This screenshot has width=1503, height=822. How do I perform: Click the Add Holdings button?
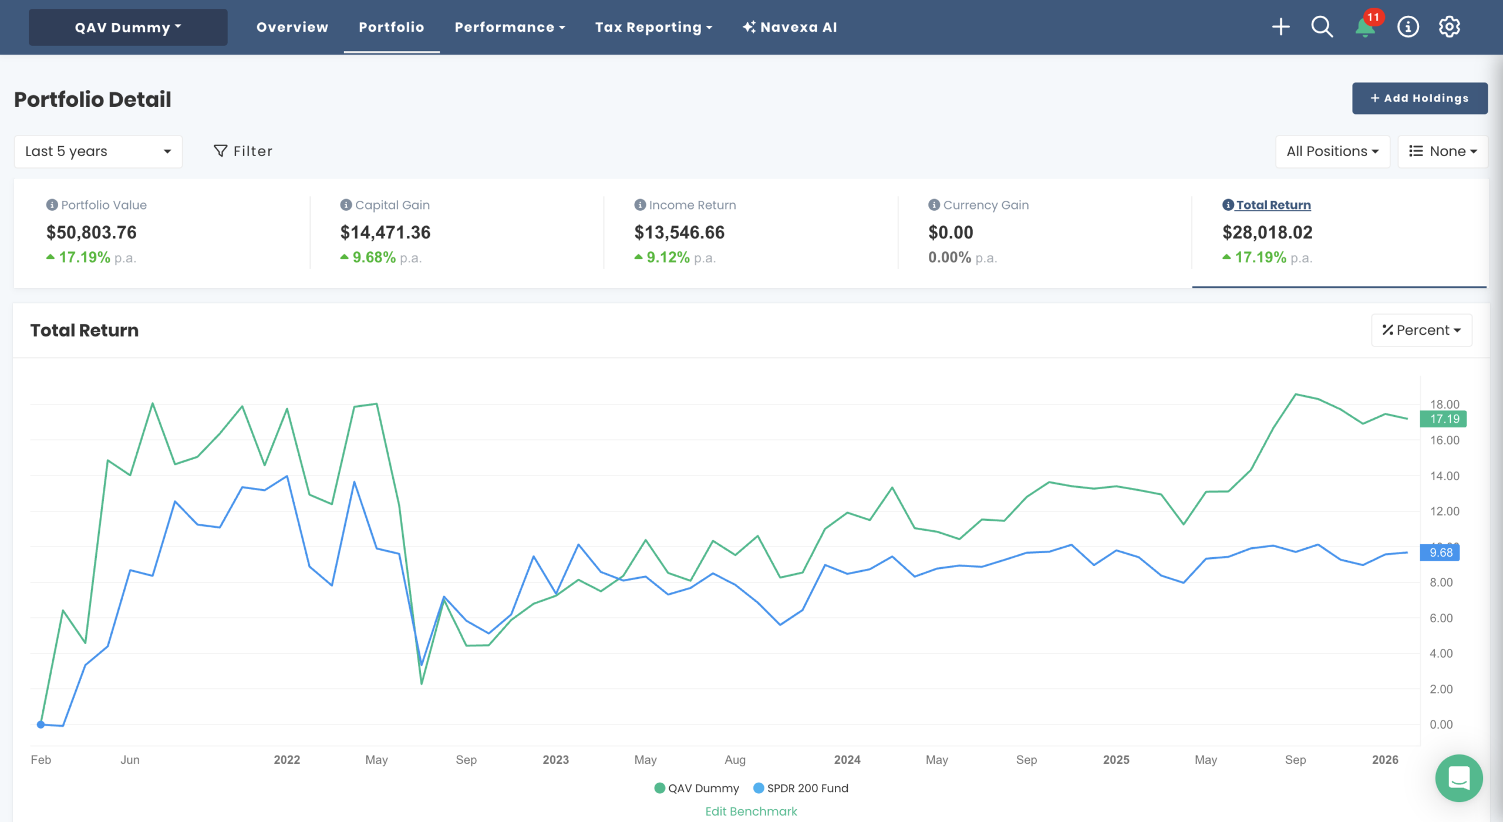(x=1419, y=98)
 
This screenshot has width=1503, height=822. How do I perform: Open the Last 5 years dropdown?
(x=98, y=151)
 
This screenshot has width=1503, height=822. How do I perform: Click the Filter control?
(x=243, y=151)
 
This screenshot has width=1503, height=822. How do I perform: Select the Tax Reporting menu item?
(x=653, y=27)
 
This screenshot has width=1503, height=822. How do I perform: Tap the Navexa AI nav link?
(x=790, y=27)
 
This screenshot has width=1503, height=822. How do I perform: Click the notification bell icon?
(x=1364, y=27)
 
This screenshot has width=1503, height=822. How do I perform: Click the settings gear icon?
(x=1449, y=27)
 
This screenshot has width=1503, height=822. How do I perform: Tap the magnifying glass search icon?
(x=1322, y=27)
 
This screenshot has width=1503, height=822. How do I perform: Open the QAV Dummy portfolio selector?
(x=128, y=27)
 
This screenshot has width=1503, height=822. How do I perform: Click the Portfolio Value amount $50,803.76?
(x=92, y=233)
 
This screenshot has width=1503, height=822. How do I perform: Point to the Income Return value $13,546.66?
(x=679, y=233)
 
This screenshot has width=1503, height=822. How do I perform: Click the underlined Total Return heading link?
(x=1273, y=205)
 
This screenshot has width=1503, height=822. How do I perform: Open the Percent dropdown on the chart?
(x=1421, y=330)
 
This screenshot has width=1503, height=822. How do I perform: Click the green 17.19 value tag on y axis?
(x=1443, y=419)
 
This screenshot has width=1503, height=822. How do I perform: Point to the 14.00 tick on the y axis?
(x=1444, y=476)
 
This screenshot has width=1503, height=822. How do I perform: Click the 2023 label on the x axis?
(x=555, y=760)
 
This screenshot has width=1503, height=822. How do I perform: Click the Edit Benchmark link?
(x=751, y=811)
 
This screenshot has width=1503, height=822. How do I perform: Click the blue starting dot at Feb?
(x=41, y=725)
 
